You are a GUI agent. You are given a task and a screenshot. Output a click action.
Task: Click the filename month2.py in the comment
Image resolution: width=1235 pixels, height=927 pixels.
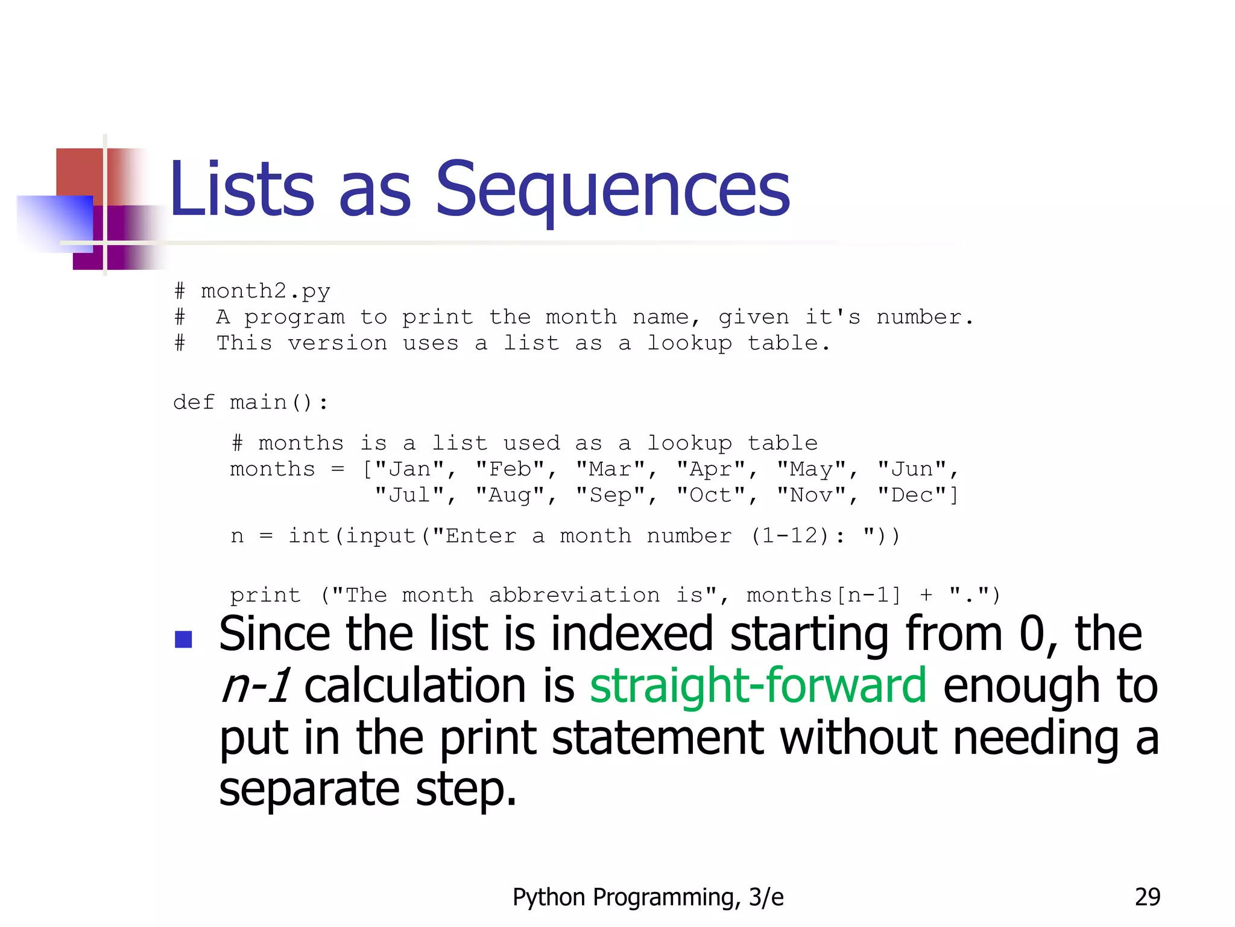265,291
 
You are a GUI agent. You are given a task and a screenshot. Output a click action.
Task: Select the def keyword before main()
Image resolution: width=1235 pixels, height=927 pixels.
194,403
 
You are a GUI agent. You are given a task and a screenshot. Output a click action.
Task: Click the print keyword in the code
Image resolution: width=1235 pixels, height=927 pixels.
265,596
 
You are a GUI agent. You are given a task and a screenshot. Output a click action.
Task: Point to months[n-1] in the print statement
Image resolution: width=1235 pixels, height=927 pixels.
824,596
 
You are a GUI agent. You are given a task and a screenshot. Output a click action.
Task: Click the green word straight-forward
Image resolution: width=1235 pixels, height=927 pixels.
757,687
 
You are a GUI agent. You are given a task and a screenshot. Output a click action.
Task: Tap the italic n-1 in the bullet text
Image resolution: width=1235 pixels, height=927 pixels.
256,687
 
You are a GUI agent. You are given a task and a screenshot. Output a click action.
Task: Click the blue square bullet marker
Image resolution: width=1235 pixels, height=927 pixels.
183,639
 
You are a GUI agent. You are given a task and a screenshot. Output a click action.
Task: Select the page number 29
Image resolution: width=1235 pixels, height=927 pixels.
1147,897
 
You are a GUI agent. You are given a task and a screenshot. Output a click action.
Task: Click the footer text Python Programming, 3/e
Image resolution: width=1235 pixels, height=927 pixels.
648,897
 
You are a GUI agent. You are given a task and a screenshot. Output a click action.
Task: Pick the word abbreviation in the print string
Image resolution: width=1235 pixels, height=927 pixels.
574,596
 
